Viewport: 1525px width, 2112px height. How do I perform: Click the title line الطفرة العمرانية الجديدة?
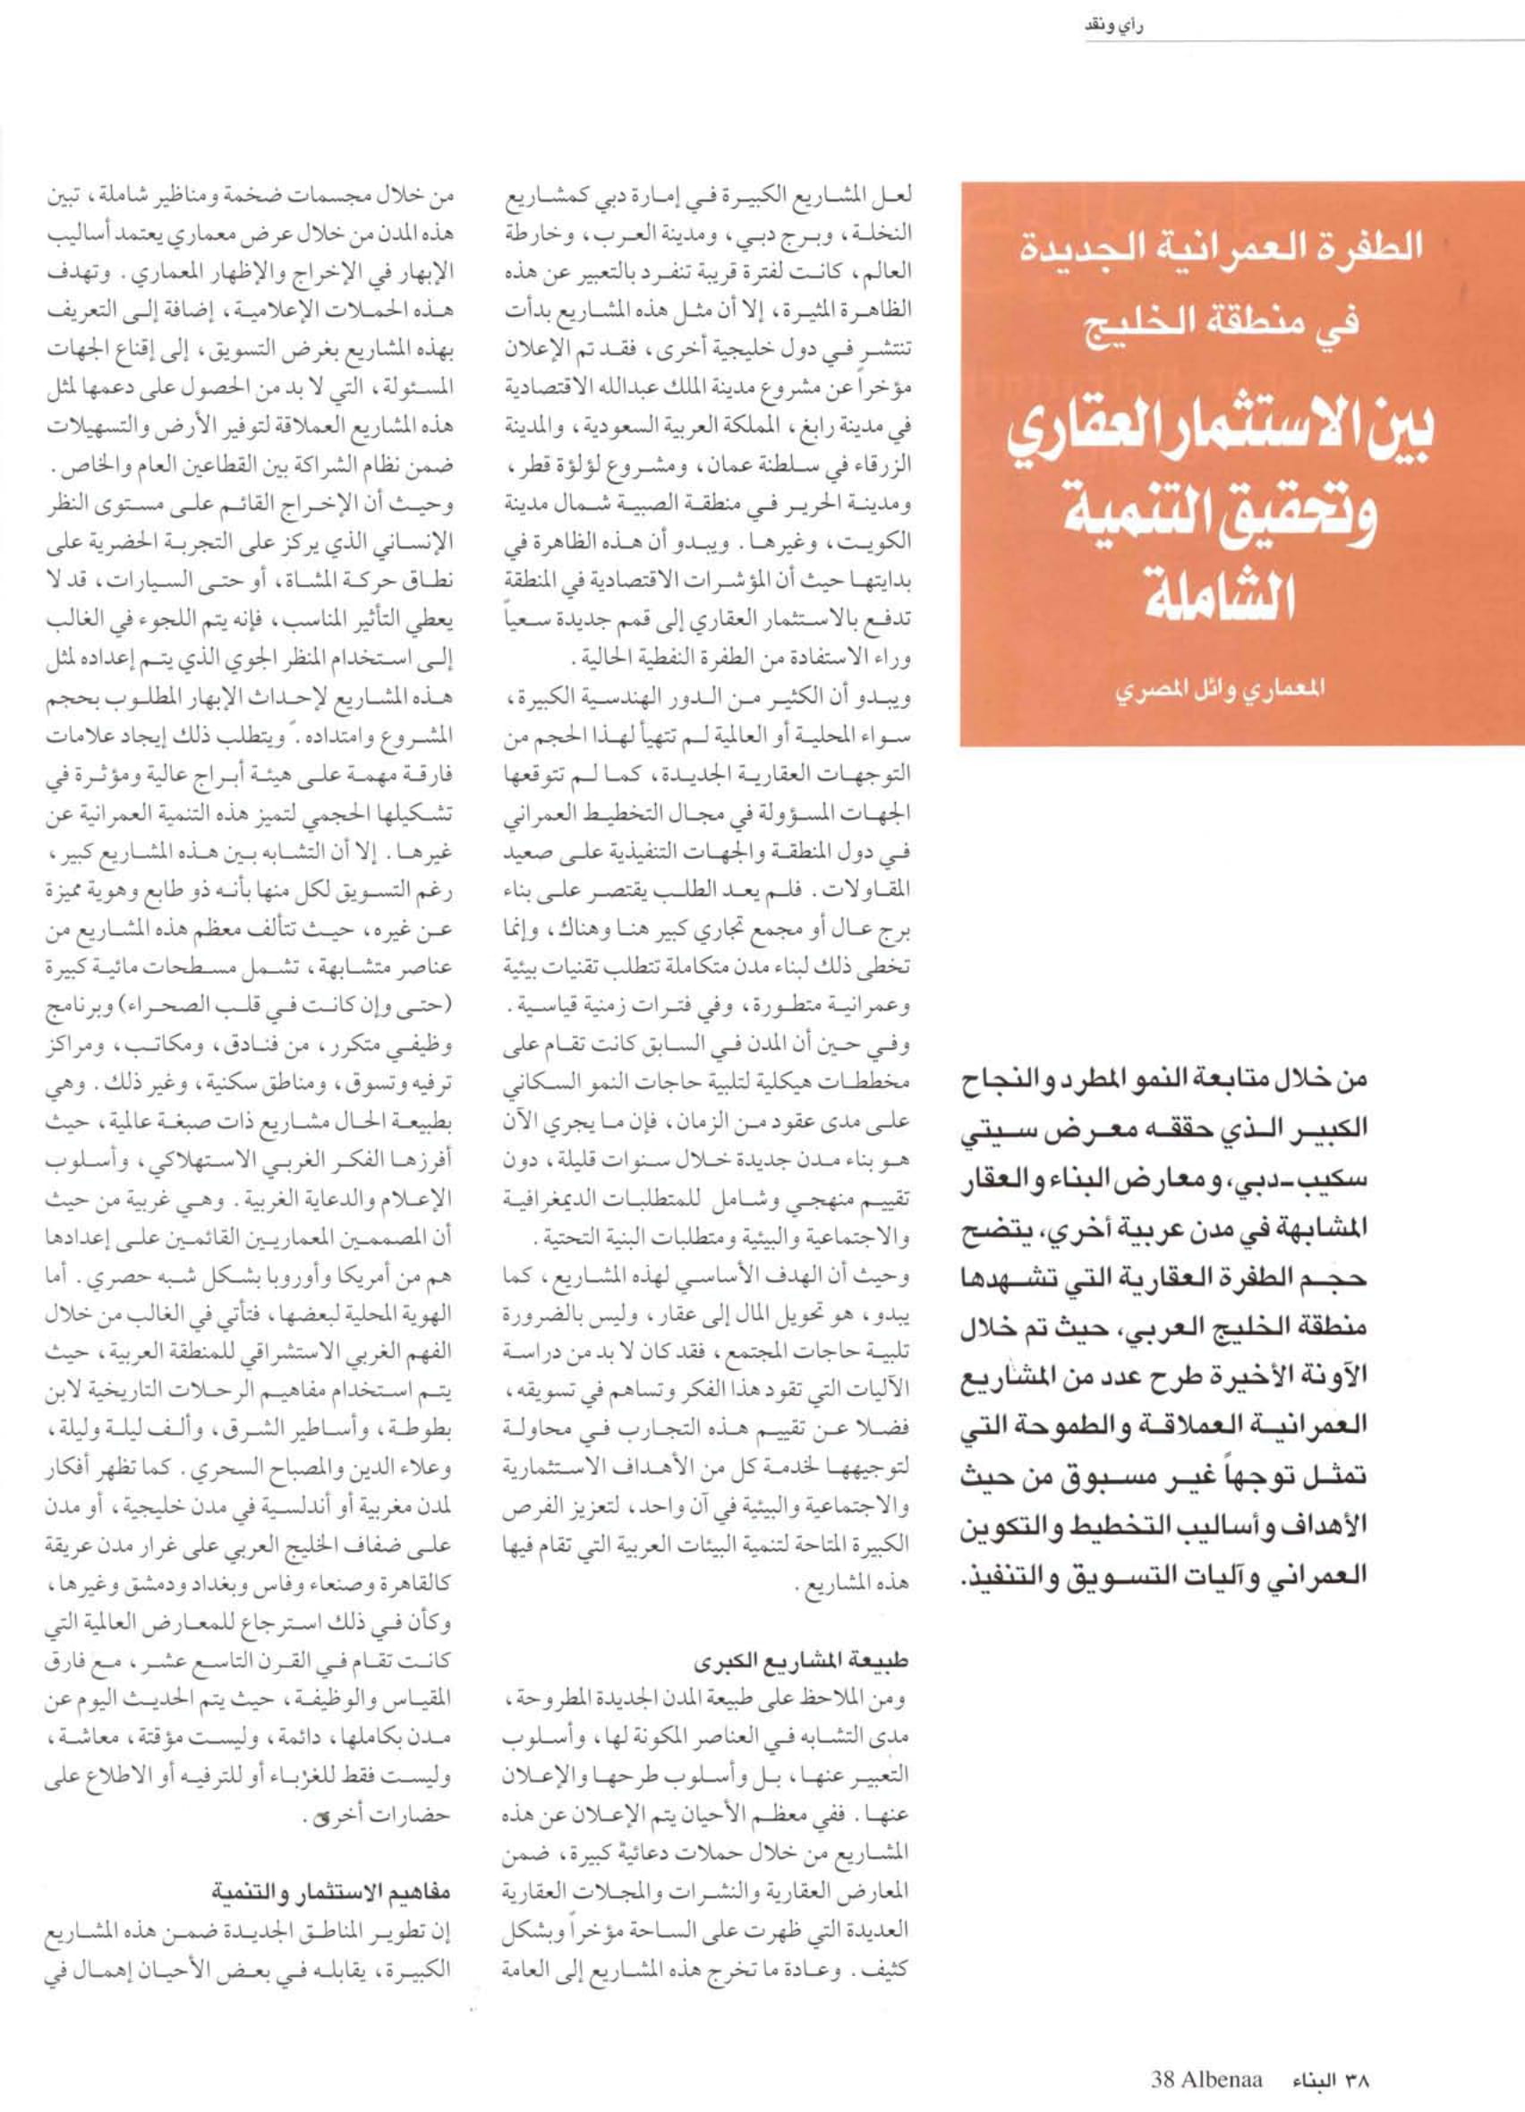(x=1240, y=253)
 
